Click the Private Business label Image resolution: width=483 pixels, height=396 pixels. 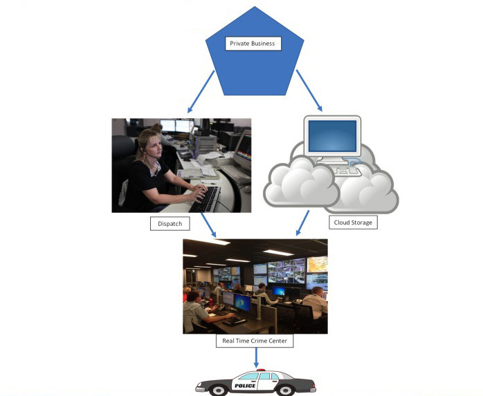[252, 44]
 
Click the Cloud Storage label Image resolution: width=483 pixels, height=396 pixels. [353, 223]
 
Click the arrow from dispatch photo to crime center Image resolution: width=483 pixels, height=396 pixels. [207, 225]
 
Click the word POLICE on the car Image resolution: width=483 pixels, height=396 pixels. [245, 385]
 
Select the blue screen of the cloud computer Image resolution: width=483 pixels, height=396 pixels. [332, 136]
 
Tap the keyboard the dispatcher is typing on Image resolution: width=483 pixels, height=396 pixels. [208, 198]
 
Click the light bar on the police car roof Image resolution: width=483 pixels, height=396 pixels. [261, 370]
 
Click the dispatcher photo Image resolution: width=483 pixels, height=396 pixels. [181, 165]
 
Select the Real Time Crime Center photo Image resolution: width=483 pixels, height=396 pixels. [255, 286]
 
